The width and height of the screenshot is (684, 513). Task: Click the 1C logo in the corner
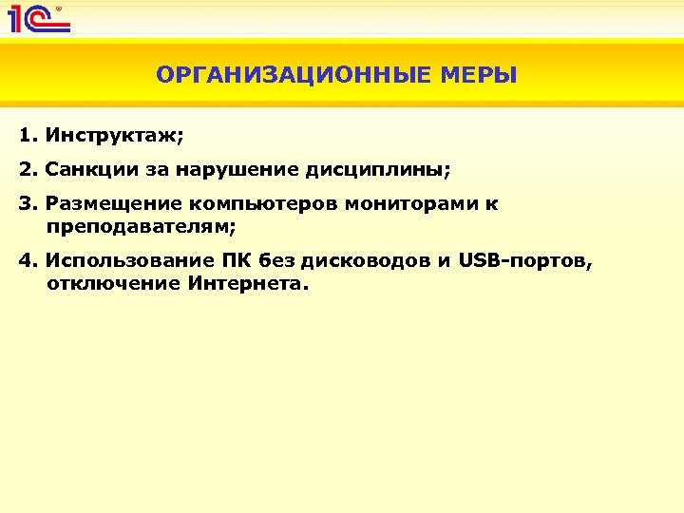(38, 18)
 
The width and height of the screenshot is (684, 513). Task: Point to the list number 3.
(27, 204)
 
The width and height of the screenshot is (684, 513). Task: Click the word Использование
(120, 261)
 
